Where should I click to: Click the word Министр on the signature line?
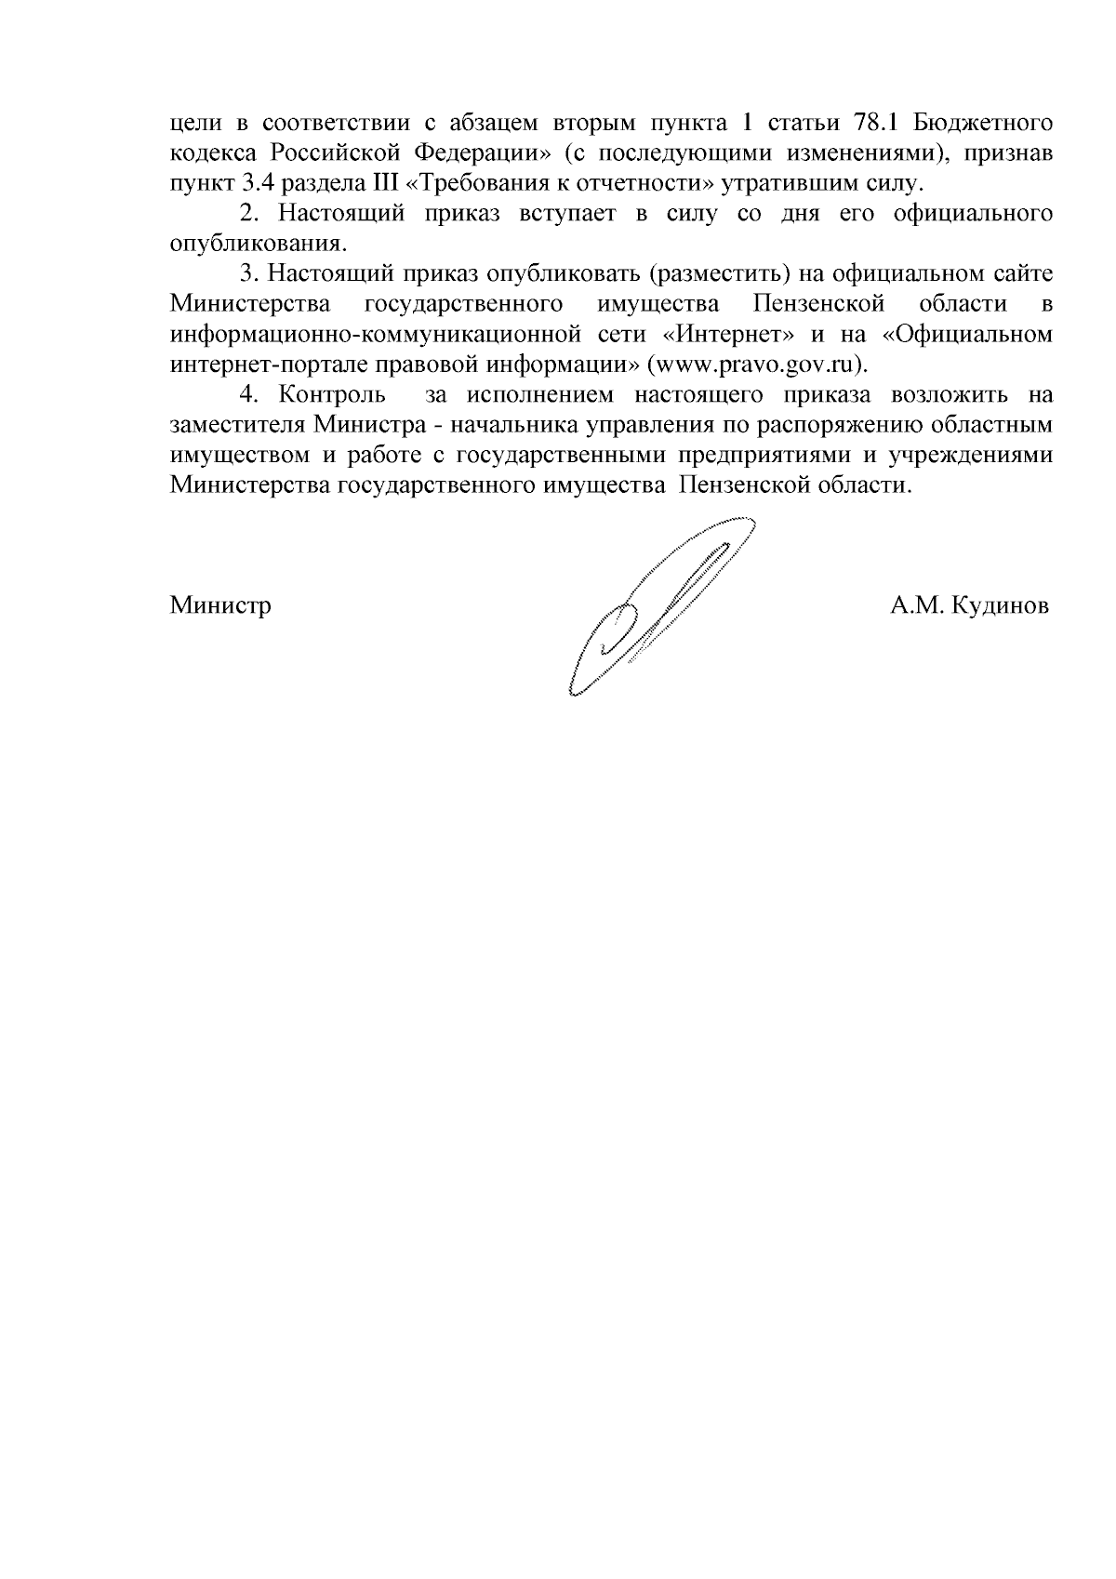point(220,607)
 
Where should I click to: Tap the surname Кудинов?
point(1001,607)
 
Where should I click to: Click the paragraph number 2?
point(247,214)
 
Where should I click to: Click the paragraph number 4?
point(247,394)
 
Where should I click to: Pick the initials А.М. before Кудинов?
point(915,607)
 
